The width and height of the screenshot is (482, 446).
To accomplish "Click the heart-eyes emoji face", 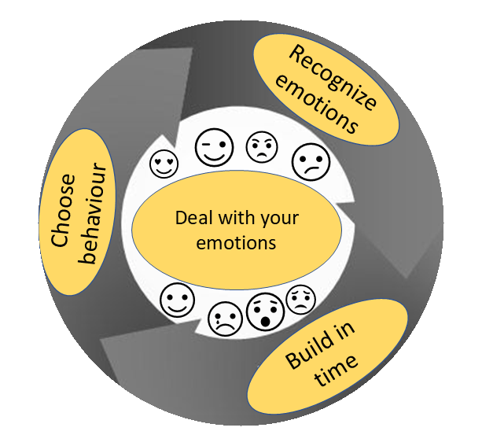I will pos(164,163).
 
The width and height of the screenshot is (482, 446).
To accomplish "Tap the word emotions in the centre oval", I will pos(237,242).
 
